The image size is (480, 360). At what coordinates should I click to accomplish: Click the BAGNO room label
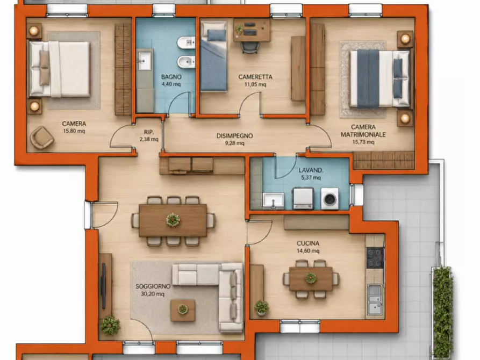click(171, 77)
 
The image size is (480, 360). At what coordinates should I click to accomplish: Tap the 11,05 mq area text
click(255, 84)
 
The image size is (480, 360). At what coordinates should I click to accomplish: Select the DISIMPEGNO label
click(234, 135)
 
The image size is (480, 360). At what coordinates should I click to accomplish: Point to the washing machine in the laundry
click(329, 199)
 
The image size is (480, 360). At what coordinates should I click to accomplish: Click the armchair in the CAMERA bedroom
click(42, 138)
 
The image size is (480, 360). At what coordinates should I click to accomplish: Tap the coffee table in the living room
click(183, 311)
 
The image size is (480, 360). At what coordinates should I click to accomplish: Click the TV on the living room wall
click(103, 286)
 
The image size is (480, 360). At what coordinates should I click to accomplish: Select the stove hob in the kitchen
click(375, 258)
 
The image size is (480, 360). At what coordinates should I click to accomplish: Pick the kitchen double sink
click(375, 299)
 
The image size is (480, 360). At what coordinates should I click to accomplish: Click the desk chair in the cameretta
click(250, 48)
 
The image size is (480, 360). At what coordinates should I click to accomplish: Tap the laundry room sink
click(273, 200)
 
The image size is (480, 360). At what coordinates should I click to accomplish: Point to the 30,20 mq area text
click(153, 294)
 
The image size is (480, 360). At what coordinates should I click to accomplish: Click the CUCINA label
click(308, 243)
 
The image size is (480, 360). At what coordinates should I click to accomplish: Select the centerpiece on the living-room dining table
click(173, 219)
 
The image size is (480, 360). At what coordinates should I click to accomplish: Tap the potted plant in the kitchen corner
click(262, 308)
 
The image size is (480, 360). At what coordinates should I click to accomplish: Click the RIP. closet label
click(149, 132)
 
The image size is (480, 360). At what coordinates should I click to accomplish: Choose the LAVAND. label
click(311, 170)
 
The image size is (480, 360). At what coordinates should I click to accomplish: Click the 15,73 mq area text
click(363, 142)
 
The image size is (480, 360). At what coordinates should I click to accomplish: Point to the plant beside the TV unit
click(110, 325)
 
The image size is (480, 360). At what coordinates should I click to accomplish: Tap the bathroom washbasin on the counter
click(144, 61)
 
